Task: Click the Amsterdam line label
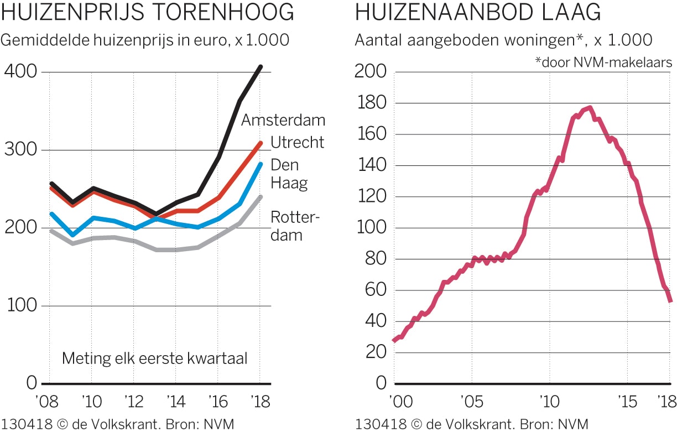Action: click(283, 120)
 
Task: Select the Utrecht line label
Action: click(297, 142)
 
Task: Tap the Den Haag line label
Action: click(289, 174)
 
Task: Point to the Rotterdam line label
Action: click(295, 226)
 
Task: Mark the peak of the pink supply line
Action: click(590, 107)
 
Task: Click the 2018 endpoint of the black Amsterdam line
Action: click(261, 67)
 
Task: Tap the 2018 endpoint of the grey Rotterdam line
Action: click(261, 197)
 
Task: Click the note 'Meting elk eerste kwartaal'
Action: click(154, 358)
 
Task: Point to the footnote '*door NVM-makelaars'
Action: click(603, 63)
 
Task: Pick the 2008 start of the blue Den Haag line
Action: click(51, 214)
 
